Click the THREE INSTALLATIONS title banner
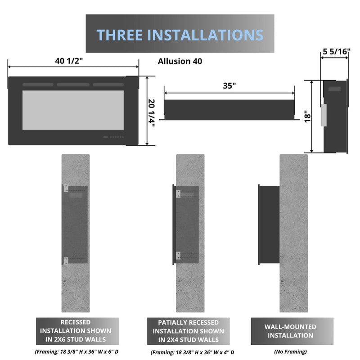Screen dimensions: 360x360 click(x=180, y=34)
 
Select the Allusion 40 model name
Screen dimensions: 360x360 click(x=180, y=61)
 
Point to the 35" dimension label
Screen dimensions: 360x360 click(x=229, y=86)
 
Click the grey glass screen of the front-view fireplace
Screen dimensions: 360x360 click(x=73, y=110)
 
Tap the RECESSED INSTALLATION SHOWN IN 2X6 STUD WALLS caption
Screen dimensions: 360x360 click(x=77, y=331)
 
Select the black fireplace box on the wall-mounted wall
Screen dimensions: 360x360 click(x=268, y=224)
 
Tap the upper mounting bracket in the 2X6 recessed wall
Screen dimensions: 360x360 click(x=66, y=189)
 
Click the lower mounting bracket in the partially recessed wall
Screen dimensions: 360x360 click(x=178, y=256)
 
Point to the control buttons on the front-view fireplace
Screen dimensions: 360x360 click(x=115, y=137)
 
